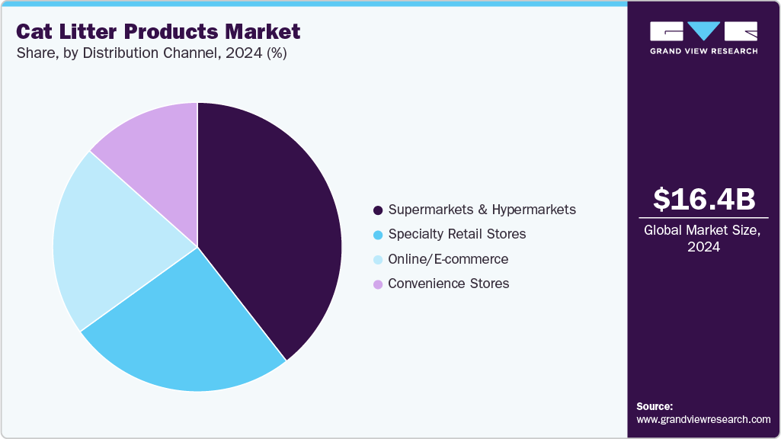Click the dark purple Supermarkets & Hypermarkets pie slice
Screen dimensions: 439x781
point(267,229)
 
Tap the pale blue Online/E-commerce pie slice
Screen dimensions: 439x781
point(107,236)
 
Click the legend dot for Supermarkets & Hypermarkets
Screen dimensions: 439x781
point(378,210)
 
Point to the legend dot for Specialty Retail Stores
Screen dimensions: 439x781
point(378,234)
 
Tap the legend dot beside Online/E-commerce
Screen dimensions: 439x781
point(378,259)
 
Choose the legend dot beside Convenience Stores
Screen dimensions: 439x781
point(378,284)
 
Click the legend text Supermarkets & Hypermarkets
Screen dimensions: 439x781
point(482,210)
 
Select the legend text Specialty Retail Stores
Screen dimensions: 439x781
point(456,234)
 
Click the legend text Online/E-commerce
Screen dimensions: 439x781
point(448,259)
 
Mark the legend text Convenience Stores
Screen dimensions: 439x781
point(448,284)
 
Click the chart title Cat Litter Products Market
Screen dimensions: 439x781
point(158,32)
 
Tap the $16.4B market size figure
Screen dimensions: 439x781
point(704,199)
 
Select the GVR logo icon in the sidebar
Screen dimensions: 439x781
point(703,31)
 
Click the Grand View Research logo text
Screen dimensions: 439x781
point(703,51)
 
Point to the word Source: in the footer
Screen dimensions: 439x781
point(655,406)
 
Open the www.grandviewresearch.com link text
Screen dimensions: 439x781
point(703,419)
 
